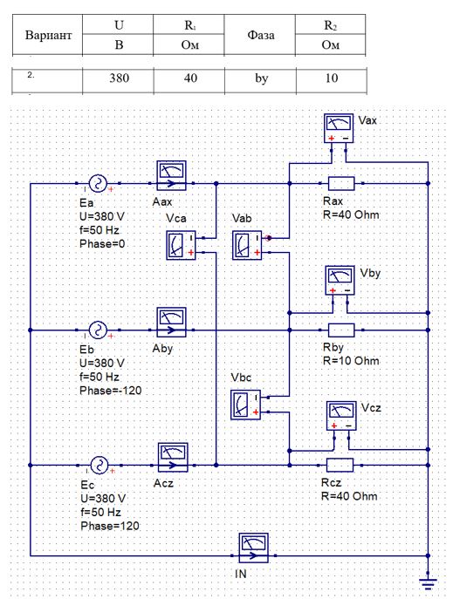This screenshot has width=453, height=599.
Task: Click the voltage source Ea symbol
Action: pos(98,183)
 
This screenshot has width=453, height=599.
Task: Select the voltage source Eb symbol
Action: pos(98,330)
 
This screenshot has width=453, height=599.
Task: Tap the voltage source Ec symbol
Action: pos(100,465)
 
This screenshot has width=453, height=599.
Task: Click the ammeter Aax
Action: pos(172,175)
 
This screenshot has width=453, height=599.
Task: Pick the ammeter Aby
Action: pos(172,322)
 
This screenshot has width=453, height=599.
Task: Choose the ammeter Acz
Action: pos(173,457)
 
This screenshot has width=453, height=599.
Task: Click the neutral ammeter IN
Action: pos(253,548)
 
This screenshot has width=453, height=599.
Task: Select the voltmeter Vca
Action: pos(181,245)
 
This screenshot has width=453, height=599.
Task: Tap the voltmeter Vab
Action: pos(247,245)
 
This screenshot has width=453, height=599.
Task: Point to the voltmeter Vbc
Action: pos(246,405)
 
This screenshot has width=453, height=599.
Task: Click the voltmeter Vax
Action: pos(339,128)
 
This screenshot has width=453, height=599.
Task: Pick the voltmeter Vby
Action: pos(340,281)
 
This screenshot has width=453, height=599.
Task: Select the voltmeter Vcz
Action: pos(341,416)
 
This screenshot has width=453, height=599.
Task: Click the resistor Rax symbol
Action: pos(341,183)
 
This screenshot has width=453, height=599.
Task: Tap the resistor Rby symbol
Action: pos(341,330)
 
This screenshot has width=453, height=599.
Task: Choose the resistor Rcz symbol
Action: pos(340,465)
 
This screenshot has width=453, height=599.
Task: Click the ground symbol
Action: pos(429,583)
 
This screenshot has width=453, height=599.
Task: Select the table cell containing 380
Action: pos(119,78)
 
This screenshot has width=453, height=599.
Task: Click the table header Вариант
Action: pos(48,35)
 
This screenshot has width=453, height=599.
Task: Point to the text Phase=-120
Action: pos(111,391)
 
